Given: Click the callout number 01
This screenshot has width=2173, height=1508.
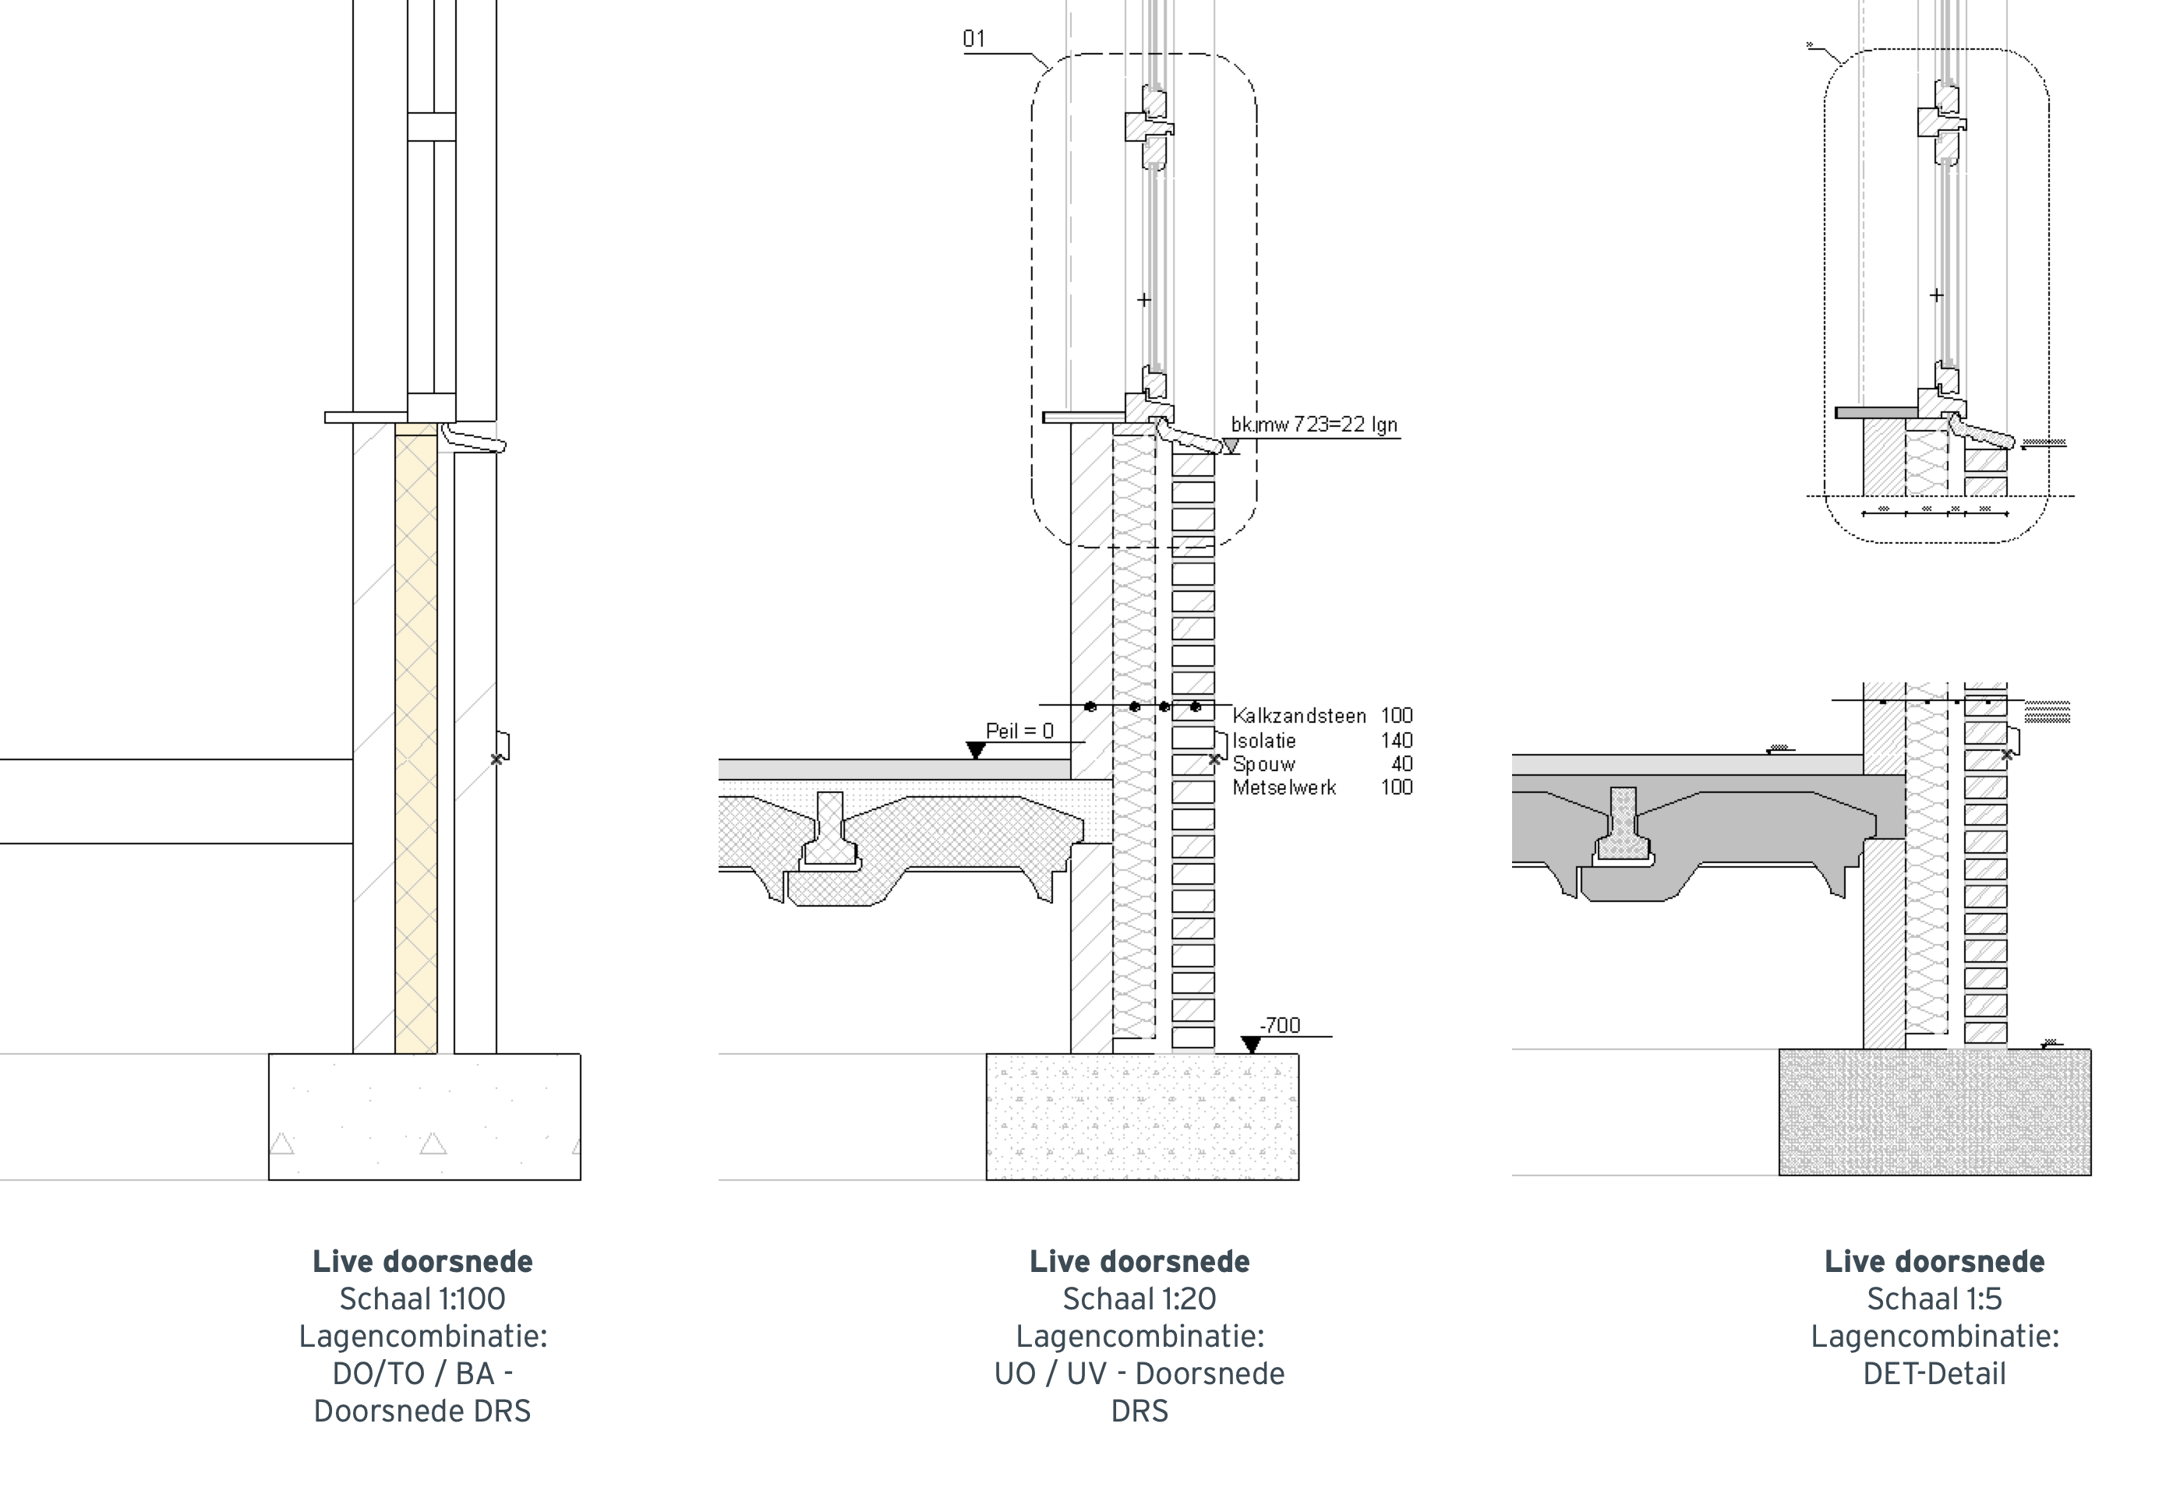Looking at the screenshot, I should click(973, 39).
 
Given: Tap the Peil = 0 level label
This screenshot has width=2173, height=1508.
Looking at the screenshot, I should click(1019, 731).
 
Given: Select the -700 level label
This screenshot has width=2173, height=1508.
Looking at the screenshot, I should click(1280, 1025).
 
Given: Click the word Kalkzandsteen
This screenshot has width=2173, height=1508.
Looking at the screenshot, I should click(1298, 716).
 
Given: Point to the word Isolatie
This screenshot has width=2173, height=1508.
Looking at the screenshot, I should click(1263, 741).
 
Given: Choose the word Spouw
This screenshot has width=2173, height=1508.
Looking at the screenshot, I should click(1263, 764).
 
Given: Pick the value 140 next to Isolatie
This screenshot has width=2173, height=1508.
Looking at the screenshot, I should click(1396, 741).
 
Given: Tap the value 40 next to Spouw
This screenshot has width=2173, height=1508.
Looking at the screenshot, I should click(1401, 764).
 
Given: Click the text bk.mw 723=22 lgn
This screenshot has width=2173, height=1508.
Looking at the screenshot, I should click(1314, 425).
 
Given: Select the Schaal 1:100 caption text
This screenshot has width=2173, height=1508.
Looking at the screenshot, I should click(422, 1299).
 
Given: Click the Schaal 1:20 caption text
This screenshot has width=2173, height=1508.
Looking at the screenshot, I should click(1139, 1299).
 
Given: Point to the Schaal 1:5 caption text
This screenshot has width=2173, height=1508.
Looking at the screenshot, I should click(1934, 1299).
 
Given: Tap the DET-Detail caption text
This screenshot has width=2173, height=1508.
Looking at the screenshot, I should click(1934, 1374).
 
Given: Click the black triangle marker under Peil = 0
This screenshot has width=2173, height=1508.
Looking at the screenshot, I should click(976, 750).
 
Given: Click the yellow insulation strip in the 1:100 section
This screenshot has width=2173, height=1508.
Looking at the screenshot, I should click(416, 737).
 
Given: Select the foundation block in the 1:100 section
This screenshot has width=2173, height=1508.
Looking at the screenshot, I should click(425, 1116).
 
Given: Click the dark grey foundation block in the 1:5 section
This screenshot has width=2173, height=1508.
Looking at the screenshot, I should click(1934, 1112).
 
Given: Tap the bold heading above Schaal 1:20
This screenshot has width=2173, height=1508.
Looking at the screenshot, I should click(1139, 1261).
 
